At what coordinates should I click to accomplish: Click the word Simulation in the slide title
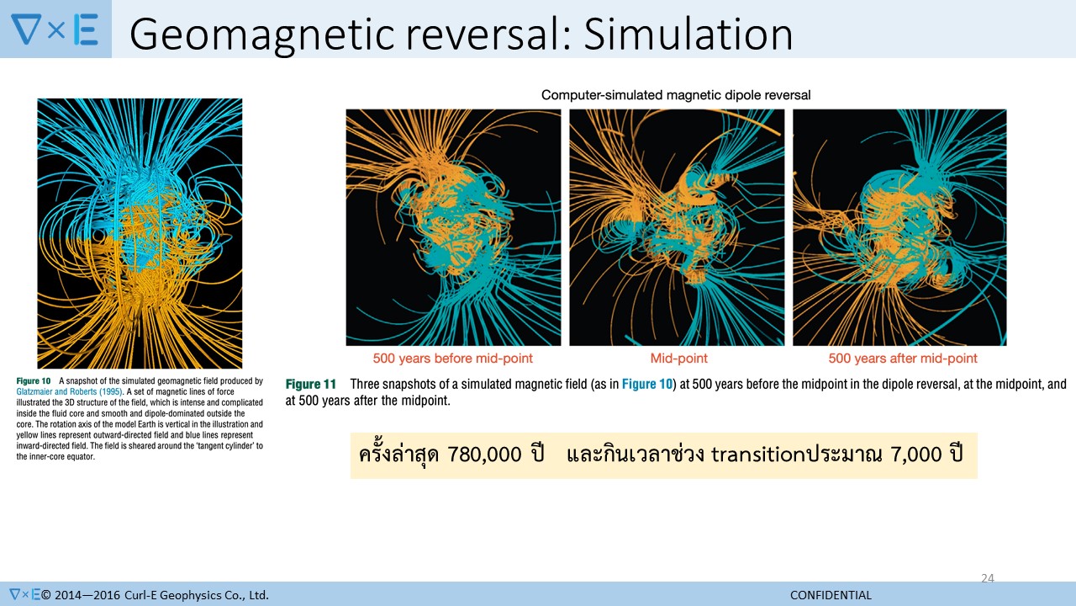coord(688,34)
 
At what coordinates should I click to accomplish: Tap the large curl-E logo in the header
coord(55,29)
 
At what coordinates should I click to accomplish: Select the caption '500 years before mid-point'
coord(453,359)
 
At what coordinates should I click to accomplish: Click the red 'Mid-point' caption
coord(678,359)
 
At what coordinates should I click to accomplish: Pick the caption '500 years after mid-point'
coord(903,359)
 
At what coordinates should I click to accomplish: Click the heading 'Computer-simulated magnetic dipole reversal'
coord(676,95)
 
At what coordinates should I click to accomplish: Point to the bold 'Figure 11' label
coord(311,385)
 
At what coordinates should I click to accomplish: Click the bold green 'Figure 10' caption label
coord(33,381)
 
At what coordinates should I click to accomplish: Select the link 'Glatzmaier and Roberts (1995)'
coord(69,392)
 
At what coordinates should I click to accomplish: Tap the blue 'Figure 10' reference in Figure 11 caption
coord(647,385)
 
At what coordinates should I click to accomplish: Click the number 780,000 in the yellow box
coord(484,454)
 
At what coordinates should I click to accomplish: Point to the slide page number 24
coord(988,578)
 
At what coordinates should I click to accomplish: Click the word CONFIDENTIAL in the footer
coord(831,595)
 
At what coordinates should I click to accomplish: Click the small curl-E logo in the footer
coord(25,594)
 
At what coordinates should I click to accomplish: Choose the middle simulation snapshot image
coord(677,227)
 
